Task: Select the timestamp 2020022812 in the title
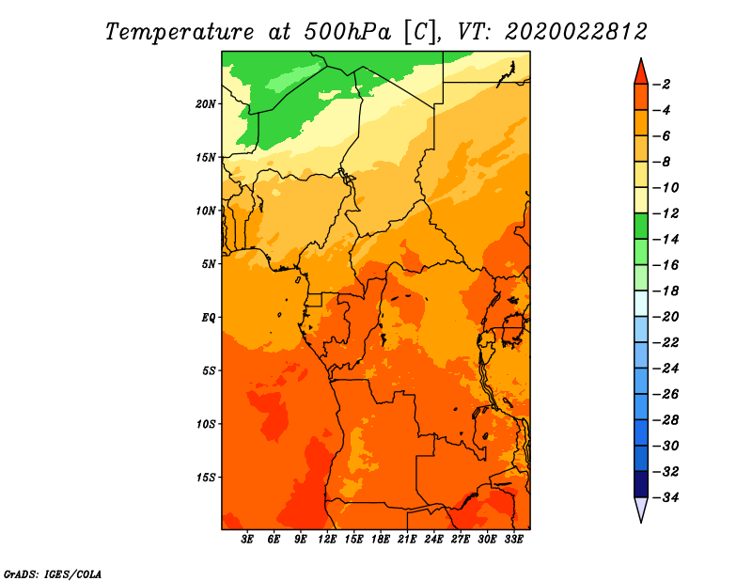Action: pos(576,31)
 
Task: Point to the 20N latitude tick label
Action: pos(206,103)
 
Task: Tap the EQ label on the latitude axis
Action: pos(208,317)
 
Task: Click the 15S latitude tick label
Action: pos(206,477)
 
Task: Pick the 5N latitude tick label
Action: pos(208,264)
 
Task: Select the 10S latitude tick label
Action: pos(206,424)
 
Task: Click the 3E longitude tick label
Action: pos(248,540)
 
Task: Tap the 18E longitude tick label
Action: pos(381,540)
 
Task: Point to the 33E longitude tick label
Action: pos(513,540)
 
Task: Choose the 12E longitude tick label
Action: pos(328,540)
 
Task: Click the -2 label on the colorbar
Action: pos(664,85)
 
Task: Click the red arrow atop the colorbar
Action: pos(641,71)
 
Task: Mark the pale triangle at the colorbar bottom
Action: pos(641,510)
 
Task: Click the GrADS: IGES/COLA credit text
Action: pos(52,573)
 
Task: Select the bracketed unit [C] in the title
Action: pos(419,31)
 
